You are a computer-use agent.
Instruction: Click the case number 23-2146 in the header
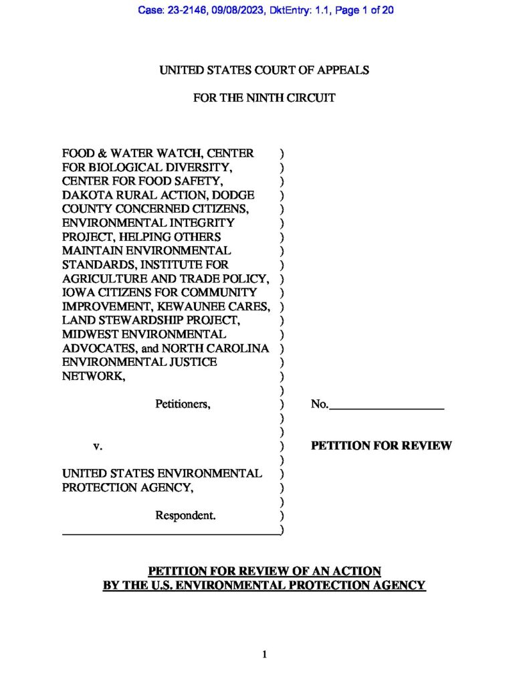tap(186, 10)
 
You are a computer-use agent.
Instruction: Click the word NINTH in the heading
tap(245, 98)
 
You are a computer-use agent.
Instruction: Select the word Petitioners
tap(183, 404)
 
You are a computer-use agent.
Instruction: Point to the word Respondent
tap(185, 515)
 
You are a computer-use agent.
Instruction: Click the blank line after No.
tap(386, 405)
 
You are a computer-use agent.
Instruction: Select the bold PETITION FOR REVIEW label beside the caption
tap(381, 446)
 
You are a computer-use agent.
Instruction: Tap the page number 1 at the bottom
tap(265, 655)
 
